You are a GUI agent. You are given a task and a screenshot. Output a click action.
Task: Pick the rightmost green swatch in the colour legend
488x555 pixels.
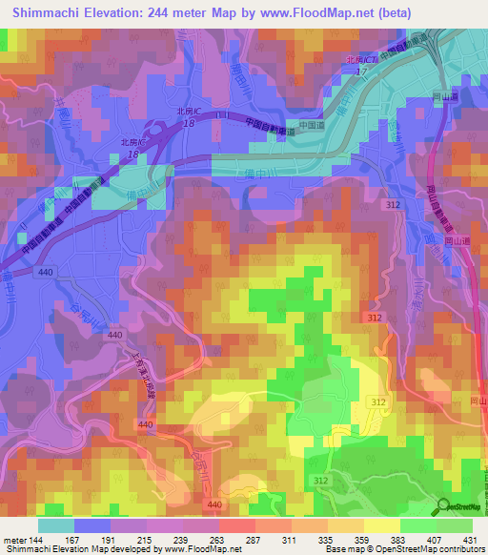tap(455, 525)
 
